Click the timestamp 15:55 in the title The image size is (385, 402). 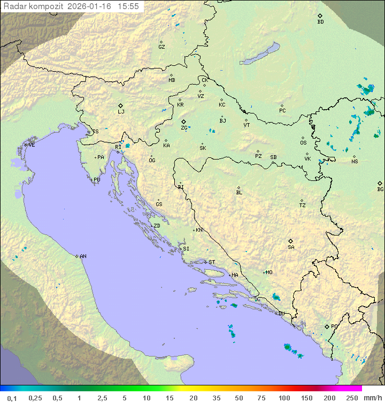[x=128, y=6]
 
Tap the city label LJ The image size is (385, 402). [x=121, y=111]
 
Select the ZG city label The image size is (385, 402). [x=184, y=128]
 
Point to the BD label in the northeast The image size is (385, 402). [x=320, y=22]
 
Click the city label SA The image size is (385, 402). [x=291, y=247]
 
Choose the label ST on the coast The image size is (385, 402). [x=212, y=262]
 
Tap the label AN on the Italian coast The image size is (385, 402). [x=83, y=256]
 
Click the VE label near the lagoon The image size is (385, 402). [x=32, y=145]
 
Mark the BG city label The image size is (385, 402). [x=380, y=189]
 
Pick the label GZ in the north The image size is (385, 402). [x=161, y=47]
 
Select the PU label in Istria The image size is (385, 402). [x=97, y=180]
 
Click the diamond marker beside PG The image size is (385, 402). [x=327, y=326]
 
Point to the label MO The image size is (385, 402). [x=269, y=272]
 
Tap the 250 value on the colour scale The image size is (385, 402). [x=352, y=398]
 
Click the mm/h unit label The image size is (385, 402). [x=372, y=398]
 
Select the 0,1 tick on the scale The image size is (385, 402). [x=12, y=398]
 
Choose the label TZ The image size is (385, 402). [x=303, y=205]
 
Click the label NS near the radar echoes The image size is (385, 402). [x=355, y=161]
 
